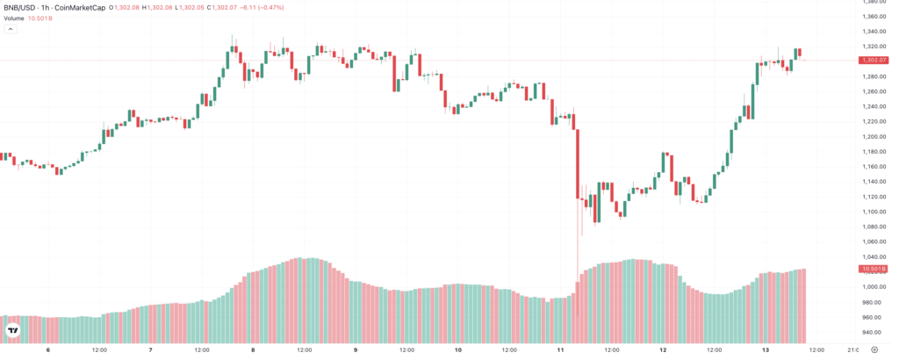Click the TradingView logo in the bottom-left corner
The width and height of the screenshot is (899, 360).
pyautogui.click(x=14, y=330)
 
